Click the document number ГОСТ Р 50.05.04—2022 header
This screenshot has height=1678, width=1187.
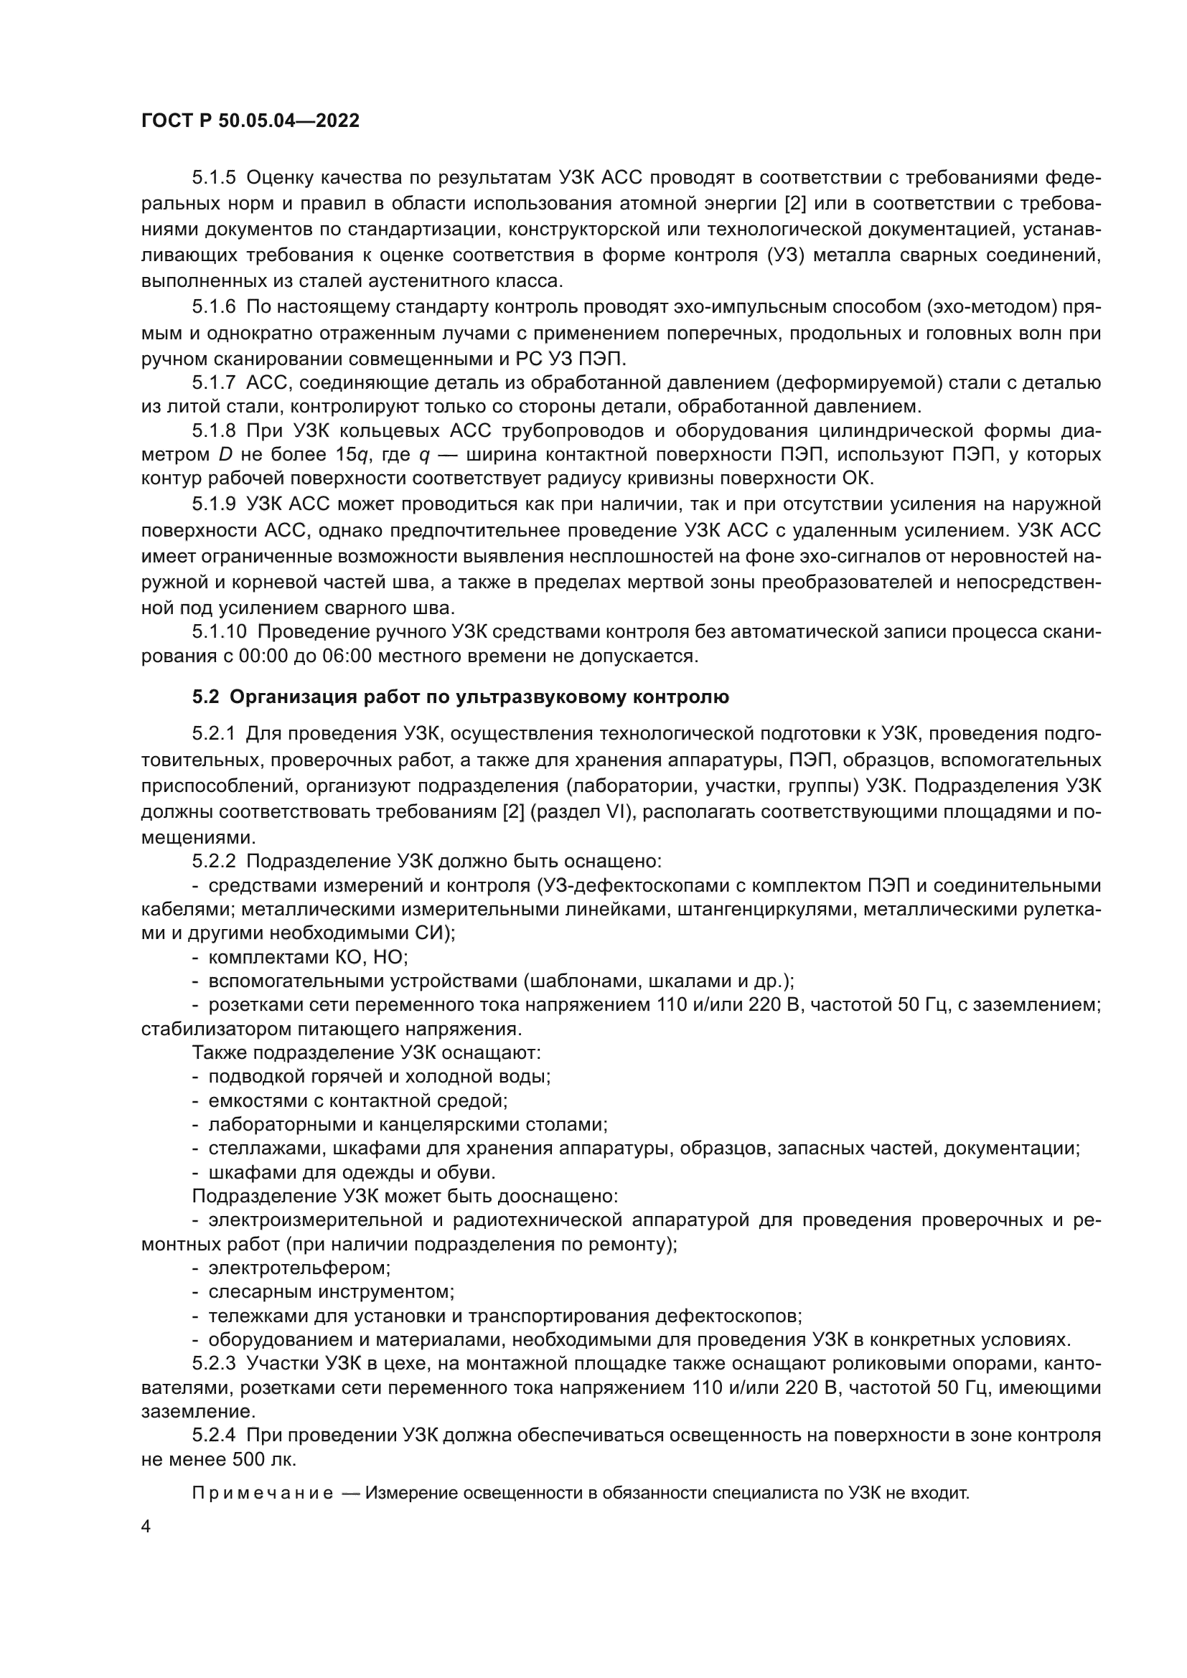point(250,121)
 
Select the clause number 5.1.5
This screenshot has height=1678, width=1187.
point(214,178)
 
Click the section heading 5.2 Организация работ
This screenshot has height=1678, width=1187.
point(461,697)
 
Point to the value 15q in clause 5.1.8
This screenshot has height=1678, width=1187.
point(352,455)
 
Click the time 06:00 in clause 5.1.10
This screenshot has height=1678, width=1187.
point(347,656)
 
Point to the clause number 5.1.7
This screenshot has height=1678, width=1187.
point(214,382)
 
